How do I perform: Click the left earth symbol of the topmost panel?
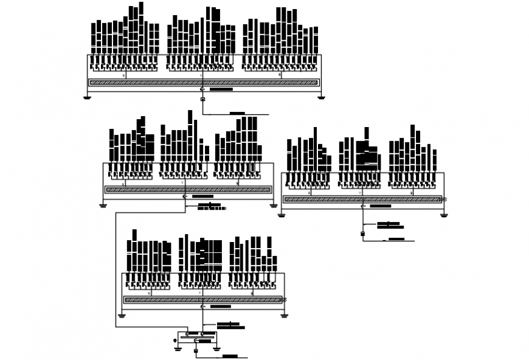point(87,97)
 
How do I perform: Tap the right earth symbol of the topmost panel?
point(321,97)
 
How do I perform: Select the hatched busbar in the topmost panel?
point(204,82)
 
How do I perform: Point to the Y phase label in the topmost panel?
point(201,76)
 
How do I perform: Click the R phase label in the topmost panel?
point(124,76)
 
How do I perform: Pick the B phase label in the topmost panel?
point(280,75)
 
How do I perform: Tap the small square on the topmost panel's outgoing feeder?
point(202,99)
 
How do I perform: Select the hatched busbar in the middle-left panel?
point(188,189)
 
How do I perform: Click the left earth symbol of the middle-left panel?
point(103,206)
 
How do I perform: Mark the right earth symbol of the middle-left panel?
point(274,206)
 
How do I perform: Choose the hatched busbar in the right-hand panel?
point(362,199)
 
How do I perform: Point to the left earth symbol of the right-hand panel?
point(281,215)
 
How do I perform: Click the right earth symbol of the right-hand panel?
point(444,215)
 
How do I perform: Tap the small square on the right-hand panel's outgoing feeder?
point(362,234)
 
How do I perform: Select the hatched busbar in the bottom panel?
point(203,299)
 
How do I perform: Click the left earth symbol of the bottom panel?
point(122,316)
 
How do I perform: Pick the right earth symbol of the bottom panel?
point(284,316)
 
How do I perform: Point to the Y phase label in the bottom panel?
point(201,293)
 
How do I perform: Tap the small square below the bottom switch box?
point(196,351)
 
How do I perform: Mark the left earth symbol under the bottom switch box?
point(178,348)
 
